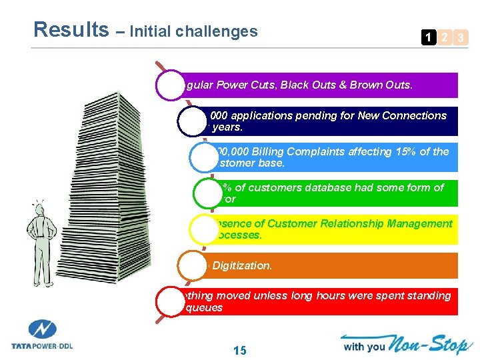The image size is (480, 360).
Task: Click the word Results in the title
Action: pyautogui.click(x=71, y=29)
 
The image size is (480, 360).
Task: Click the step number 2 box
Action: pyautogui.click(x=445, y=38)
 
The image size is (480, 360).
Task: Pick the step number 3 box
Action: pyautogui.click(x=460, y=38)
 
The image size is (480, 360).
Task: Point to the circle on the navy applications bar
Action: pyautogui.click(x=194, y=121)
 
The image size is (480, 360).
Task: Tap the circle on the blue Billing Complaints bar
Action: pyautogui.click(x=206, y=157)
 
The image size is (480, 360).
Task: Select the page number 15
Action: pyautogui.click(x=240, y=349)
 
